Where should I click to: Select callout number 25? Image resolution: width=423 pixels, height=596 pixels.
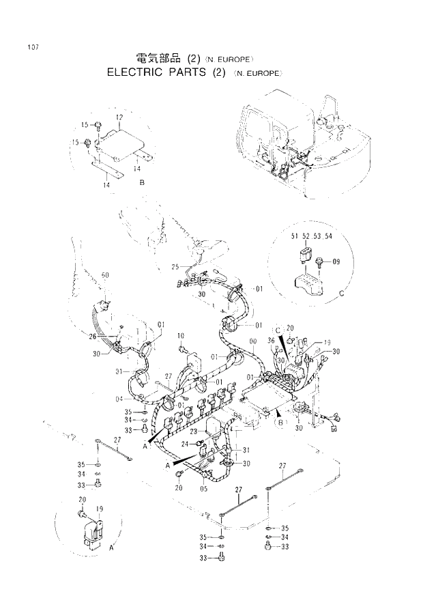pyautogui.click(x=175, y=266)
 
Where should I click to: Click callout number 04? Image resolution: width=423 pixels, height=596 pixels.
pyautogui.click(x=119, y=399)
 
